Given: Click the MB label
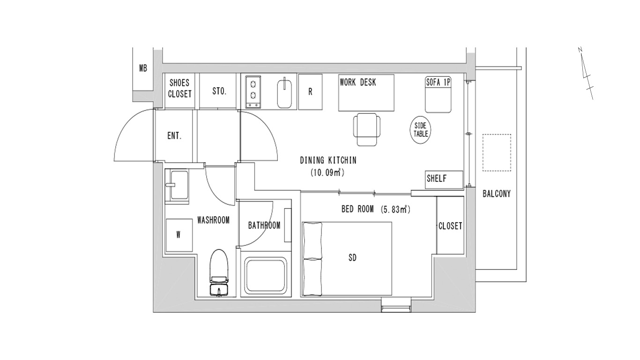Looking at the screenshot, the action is pyautogui.click(x=143, y=68).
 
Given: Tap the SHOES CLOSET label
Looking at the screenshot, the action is pyautogui.click(x=180, y=88).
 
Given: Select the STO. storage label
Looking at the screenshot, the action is pyautogui.click(x=219, y=91).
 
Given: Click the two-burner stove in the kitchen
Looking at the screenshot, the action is pyautogui.click(x=253, y=92).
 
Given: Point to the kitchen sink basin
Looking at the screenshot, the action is pyautogui.click(x=284, y=94).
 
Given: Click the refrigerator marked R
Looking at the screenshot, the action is pyautogui.click(x=310, y=92).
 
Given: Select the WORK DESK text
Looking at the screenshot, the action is pyautogui.click(x=357, y=82).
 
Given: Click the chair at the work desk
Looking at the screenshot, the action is pyautogui.click(x=367, y=129).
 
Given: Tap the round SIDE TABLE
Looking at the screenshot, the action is pyautogui.click(x=421, y=130).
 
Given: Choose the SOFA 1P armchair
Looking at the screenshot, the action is pyautogui.click(x=438, y=95).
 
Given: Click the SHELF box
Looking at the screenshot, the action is pyautogui.click(x=444, y=180).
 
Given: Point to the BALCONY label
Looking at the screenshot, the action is pyautogui.click(x=497, y=194).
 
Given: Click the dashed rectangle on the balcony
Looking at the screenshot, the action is pyautogui.click(x=497, y=153).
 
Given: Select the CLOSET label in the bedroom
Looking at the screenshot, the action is pyautogui.click(x=450, y=226).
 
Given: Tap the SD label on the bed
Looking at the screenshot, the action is pyautogui.click(x=353, y=258).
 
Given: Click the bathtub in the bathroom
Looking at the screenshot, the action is pyautogui.click(x=266, y=275).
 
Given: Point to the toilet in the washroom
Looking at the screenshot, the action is pyautogui.click(x=219, y=272).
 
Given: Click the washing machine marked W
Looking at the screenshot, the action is pyautogui.click(x=179, y=235).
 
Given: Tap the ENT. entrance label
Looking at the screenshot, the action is pyautogui.click(x=175, y=135).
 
